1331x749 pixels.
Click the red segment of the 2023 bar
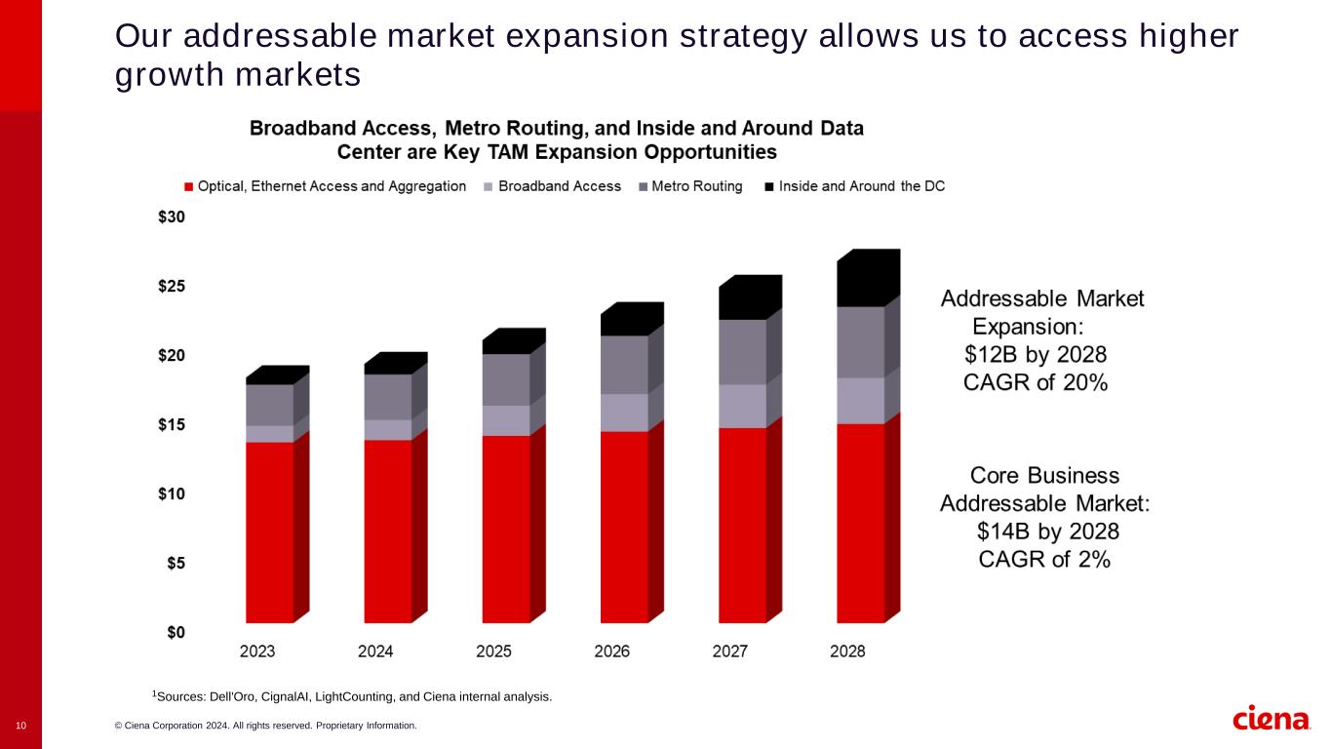coord(270,532)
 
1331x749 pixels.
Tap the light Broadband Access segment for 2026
coord(624,413)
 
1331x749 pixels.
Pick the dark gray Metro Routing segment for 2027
coord(742,352)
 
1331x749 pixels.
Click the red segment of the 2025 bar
coord(506,529)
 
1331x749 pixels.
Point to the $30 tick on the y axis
coord(171,217)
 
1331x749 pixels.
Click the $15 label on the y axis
coord(171,425)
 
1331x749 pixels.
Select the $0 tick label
coord(174,632)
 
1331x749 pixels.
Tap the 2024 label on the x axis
coord(375,651)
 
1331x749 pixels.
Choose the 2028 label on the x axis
coord(846,651)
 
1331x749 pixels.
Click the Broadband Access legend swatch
coord(487,186)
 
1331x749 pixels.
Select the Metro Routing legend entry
coord(696,186)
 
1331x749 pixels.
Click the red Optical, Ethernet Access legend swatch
coord(189,186)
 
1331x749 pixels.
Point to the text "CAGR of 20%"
coord(1035,382)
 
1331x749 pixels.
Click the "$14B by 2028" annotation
coord(1047,532)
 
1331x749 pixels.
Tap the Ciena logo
coord(1271,719)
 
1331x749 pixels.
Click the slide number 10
coord(20,726)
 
